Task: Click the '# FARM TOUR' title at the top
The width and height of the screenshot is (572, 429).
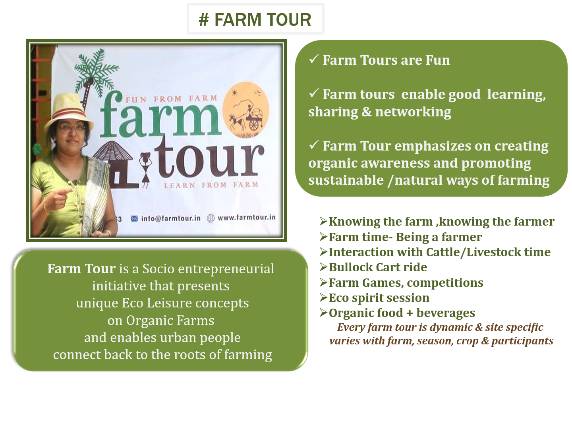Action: [255, 20]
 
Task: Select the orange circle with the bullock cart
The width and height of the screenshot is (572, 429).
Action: [246, 107]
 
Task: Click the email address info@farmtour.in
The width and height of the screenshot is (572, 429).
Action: [171, 218]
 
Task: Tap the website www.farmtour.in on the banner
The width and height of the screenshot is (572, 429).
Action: [247, 217]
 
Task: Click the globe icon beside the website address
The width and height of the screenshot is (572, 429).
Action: [211, 218]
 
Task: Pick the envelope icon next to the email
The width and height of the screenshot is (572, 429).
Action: [134, 218]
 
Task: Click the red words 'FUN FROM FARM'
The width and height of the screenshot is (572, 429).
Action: [172, 99]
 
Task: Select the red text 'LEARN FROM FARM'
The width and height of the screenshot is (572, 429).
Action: [211, 185]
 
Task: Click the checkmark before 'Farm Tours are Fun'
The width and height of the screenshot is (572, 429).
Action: [314, 59]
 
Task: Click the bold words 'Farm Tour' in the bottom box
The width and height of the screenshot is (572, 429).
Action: [81, 269]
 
